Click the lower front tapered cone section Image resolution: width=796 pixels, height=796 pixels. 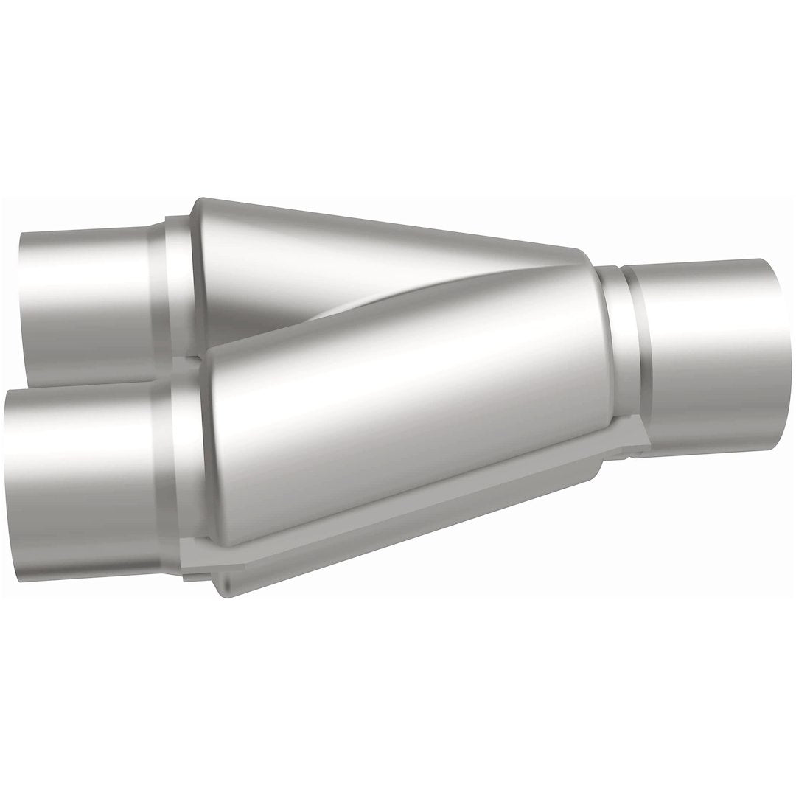click(x=405, y=413)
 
